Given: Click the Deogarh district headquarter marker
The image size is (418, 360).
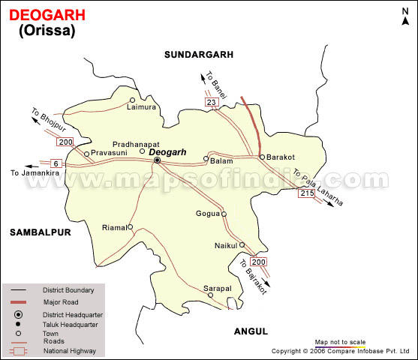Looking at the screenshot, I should pos(157,160).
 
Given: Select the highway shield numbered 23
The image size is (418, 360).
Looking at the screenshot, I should pos(212,101).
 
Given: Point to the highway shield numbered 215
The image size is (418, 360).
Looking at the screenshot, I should pos(305,193).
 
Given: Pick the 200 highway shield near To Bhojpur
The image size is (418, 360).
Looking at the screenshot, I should pos(65,142).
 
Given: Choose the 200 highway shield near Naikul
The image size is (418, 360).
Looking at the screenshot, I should pos(258,262).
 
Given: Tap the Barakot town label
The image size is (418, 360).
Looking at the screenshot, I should pos(282,148).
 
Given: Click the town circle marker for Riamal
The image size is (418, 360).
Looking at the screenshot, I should pos(130,226).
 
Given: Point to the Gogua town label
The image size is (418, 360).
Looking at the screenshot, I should pos(208,214).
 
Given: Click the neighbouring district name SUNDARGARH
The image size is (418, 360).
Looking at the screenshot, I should pos(200,55).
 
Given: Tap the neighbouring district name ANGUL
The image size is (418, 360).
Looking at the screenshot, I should pos(249,331).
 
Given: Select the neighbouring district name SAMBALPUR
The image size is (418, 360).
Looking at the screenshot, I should pos(40,232).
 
